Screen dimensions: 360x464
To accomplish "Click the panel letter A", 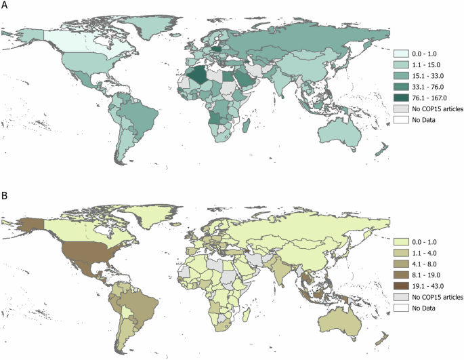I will click(x=5, y=6).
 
